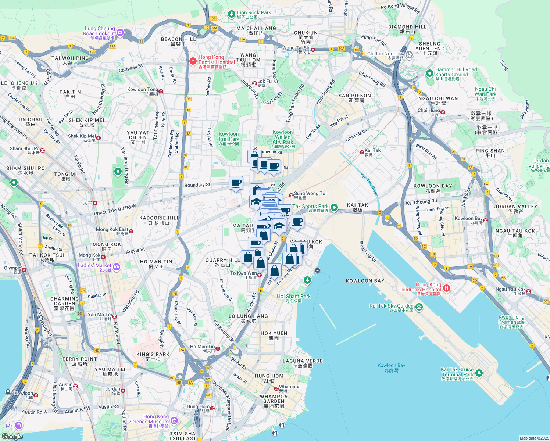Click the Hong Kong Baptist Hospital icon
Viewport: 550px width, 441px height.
pos(193,61)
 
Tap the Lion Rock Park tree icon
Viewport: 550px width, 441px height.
pos(231,14)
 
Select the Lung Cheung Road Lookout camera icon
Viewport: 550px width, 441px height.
pos(120,33)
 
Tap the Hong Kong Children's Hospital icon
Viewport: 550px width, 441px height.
pos(446,288)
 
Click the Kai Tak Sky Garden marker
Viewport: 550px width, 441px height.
pos(419,306)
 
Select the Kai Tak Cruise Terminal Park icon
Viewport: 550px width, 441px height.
pos(479,373)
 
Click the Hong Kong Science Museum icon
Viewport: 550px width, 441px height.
pos(174,420)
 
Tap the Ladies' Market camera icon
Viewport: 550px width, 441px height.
pos(117,267)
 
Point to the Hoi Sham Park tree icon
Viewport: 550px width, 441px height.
pos(307,280)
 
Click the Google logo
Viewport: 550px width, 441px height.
pos(12,436)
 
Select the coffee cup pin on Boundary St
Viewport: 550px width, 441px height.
pos(236,183)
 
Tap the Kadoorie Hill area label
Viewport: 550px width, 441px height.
pos(159,220)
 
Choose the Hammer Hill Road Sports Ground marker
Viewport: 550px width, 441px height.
pos(429,73)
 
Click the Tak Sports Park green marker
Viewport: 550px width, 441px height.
pos(334,208)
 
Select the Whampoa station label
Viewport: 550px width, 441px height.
pos(290,387)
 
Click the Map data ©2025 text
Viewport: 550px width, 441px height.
pos(534,438)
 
